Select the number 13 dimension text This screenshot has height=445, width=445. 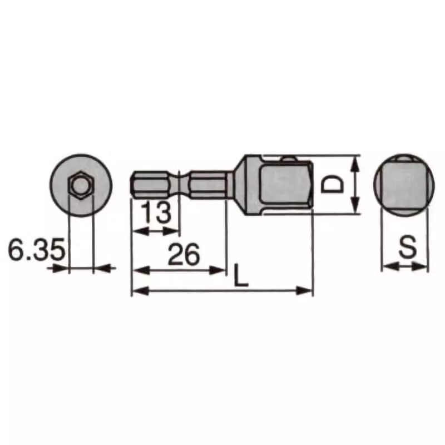(x=155, y=214)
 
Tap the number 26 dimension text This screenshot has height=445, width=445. (x=184, y=254)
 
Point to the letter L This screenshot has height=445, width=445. (x=240, y=276)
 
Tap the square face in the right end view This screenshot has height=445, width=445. (x=404, y=184)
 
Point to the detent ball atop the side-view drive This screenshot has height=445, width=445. (x=288, y=159)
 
